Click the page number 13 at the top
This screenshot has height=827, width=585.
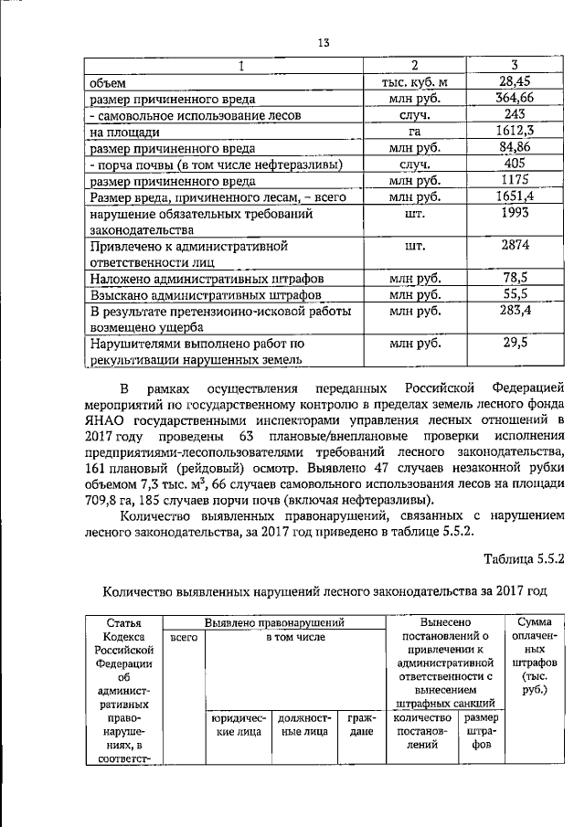323,42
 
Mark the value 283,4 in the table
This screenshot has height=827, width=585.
514,311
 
